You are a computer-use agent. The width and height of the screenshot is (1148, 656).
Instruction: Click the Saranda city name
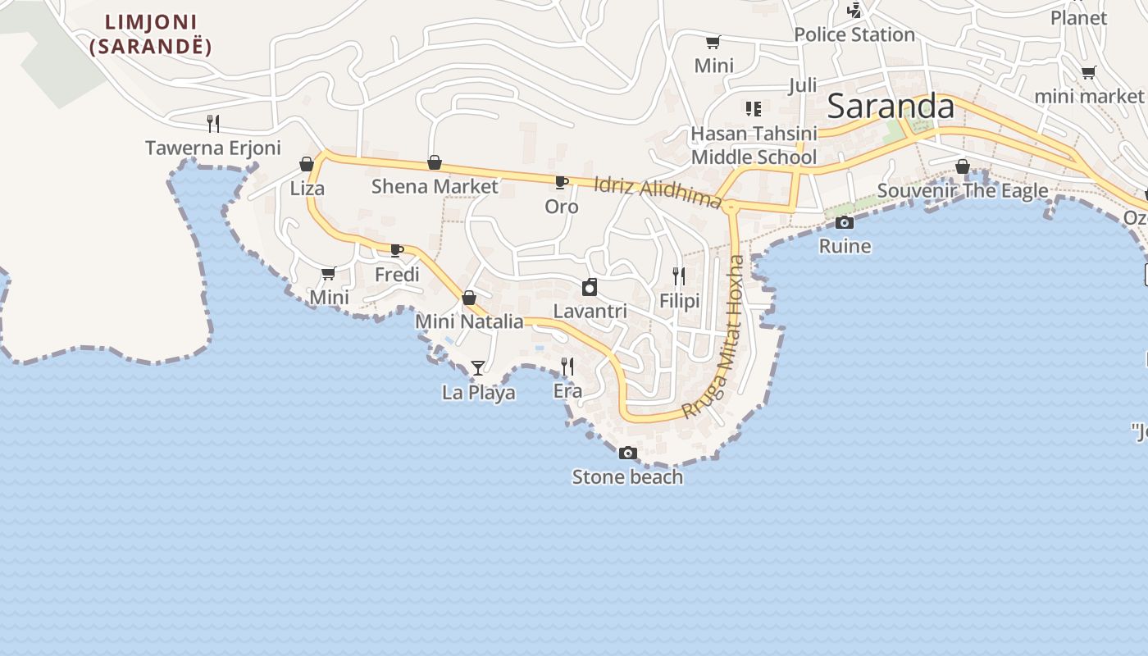pos(891,107)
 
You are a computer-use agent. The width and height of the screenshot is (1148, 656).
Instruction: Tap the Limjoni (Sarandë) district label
pos(151,34)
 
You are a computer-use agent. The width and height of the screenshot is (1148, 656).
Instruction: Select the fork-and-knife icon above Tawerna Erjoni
pos(213,124)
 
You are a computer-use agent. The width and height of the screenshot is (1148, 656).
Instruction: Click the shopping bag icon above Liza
pos(307,164)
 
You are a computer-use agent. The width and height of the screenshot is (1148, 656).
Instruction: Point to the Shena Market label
pos(435,186)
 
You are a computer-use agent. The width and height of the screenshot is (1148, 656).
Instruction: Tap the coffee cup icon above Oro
pos(562,182)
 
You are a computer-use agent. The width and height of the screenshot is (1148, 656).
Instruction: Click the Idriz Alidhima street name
pos(657,193)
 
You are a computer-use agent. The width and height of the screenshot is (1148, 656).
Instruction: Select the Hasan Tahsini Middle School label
pos(754,145)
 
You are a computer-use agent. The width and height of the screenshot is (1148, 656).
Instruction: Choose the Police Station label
pos(854,34)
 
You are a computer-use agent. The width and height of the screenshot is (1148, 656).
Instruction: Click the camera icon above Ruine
pos(845,222)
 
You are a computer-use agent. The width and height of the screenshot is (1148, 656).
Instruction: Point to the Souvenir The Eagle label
pos(963,191)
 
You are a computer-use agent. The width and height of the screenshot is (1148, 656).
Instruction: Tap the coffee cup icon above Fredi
pos(397,250)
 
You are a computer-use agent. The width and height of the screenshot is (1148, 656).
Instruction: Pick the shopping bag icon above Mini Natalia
pos(469,298)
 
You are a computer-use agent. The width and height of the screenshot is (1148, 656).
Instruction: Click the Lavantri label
pos(590,312)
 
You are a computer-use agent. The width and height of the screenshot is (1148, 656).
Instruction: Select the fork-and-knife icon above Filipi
pos(679,276)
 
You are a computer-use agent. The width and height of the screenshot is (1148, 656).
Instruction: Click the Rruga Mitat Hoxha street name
pos(715,336)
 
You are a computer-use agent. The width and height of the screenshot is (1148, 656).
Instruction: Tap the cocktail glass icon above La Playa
pos(478,368)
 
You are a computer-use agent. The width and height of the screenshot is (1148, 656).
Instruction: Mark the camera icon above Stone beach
pos(628,453)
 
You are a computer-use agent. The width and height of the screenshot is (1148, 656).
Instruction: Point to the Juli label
pos(803,85)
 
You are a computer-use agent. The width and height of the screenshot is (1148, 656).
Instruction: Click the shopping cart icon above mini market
pos(1088,73)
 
